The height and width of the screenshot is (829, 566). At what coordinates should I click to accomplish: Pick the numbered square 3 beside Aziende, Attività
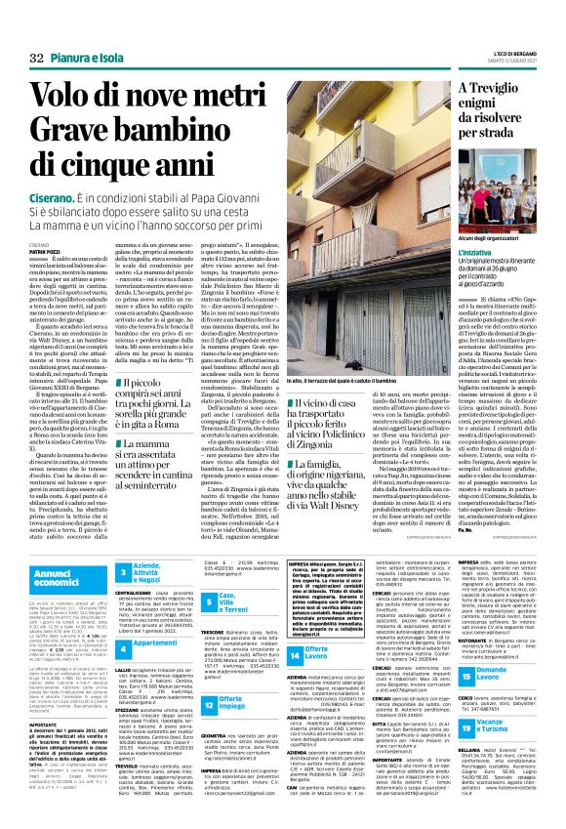pyautogui.click(x=124, y=571)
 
